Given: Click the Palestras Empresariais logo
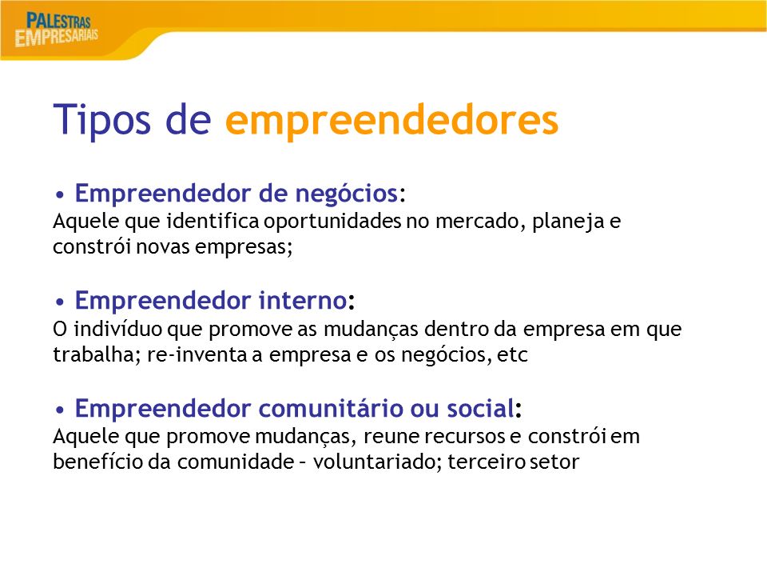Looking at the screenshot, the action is click(57, 30).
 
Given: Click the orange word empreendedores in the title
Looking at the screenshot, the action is click(391, 120).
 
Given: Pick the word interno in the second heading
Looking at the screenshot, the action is click(303, 300).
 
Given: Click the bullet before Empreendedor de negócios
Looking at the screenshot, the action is click(60, 195).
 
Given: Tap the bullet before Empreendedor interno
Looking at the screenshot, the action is click(60, 302).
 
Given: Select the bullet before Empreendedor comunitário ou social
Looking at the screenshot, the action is click(60, 410).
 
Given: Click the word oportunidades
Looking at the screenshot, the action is click(332, 222).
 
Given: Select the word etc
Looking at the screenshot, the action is click(513, 354).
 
